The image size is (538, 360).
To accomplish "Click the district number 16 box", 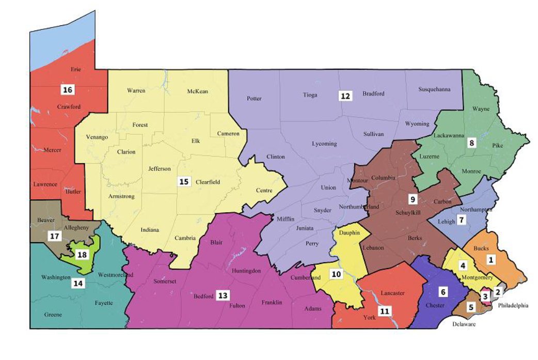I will point(67,90).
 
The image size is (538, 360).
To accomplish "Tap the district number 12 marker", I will point(345,96).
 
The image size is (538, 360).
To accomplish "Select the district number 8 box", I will point(470,143).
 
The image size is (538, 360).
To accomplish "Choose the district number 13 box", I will point(222,295).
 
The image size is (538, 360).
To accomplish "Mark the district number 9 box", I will point(412,198).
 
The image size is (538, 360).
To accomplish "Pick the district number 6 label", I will point(442,291).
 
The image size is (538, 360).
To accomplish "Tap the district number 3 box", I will point(485,296).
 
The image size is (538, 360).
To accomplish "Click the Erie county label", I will point(75,69).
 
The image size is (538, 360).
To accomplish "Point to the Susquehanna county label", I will point(433,89).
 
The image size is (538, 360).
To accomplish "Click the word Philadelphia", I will point(513,305).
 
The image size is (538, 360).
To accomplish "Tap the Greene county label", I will point(53,315).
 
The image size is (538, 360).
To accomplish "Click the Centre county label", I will point(264,191).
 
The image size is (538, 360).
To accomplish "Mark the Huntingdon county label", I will point(246,271).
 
